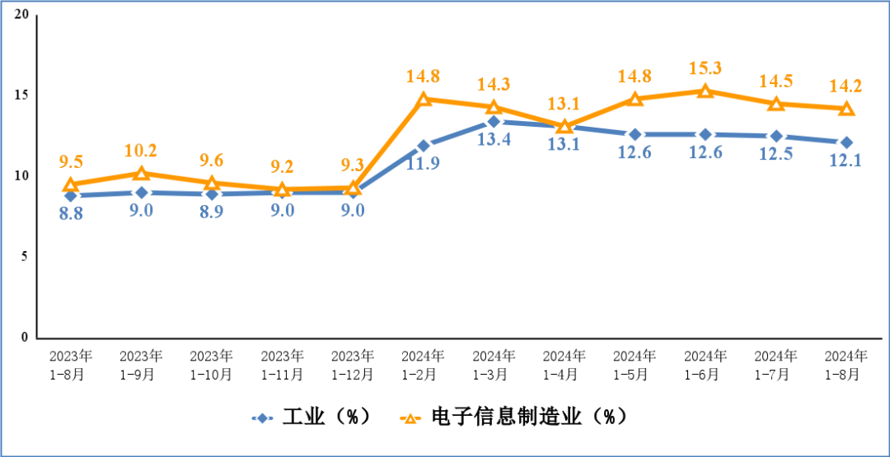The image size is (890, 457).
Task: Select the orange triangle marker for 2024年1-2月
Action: [x=424, y=99]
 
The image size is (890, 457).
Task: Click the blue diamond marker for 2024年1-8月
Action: [x=846, y=142]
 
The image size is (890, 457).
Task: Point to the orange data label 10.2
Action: [x=141, y=151]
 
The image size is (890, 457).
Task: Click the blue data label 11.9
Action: [x=424, y=162]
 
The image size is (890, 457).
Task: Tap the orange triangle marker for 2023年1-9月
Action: [x=141, y=173]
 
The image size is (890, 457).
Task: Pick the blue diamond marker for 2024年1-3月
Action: [x=494, y=122]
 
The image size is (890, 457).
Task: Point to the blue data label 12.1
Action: [x=846, y=161]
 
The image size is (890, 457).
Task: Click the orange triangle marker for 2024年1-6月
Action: [x=705, y=91]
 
